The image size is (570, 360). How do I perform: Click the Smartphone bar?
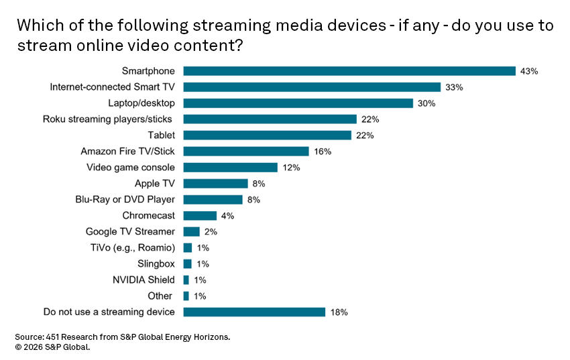[x=349, y=71]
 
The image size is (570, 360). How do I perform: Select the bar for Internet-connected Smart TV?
[x=312, y=87]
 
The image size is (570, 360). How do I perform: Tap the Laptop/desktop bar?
[x=298, y=103]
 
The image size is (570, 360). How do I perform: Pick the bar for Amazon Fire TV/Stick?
[x=246, y=152]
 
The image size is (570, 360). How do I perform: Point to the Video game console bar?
[x=230, y=168]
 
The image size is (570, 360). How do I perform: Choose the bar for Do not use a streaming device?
[x=254, y=312]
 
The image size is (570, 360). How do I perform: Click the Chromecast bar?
[x=200, y=216]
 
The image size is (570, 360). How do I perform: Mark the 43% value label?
[x=529, y=71]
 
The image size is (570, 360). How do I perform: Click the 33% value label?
[x=454, y=87]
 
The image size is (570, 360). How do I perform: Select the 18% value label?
[x=339, y=312]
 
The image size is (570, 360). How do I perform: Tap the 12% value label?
[x=290, y=168]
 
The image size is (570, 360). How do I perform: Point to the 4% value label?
[x=227, y=216]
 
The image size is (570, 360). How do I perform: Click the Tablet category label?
[x=161, y=135]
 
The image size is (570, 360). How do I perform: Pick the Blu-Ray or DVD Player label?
[x=125, y=200]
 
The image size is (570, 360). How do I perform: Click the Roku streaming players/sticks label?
[x=107, y=119]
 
